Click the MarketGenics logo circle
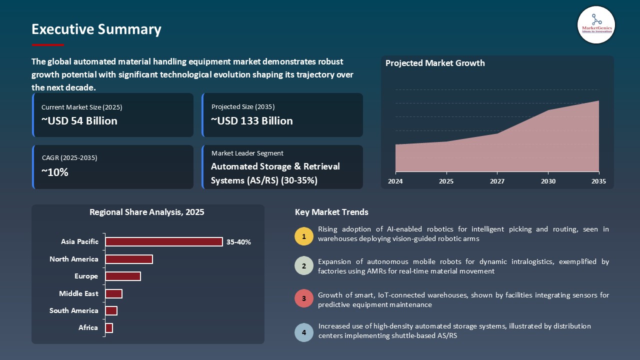[596, 24]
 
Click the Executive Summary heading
[96, 29]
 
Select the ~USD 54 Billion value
[79, 121]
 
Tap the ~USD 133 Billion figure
[252, 121]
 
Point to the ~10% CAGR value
[55, 172]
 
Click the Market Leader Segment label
[247, 153]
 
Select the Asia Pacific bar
[164, 242]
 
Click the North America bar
[129, 259]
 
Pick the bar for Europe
[123, 276]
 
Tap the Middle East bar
[114, 293]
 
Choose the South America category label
[74, 310]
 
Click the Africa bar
[109, 328]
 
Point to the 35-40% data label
[238, 242]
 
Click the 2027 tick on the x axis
[496, 181]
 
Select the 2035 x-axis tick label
[598, 181]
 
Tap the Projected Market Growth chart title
[435, 63]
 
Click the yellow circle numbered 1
[303, 236]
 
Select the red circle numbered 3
[303, 298]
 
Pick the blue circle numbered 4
[303, 331]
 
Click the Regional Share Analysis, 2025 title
[147, 212]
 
